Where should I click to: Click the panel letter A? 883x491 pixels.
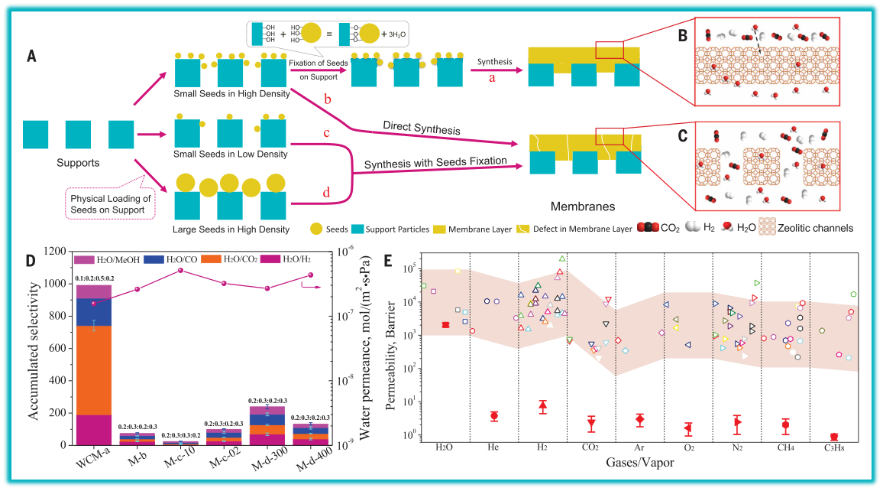[x=31, y=55]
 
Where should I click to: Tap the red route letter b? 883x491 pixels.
[x=328, y=100]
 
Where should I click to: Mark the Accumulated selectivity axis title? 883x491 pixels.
[x=33, y=348]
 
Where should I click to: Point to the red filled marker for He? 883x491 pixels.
[x=494, y=416]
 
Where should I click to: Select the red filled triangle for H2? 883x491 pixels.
[x=542, y=405]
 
